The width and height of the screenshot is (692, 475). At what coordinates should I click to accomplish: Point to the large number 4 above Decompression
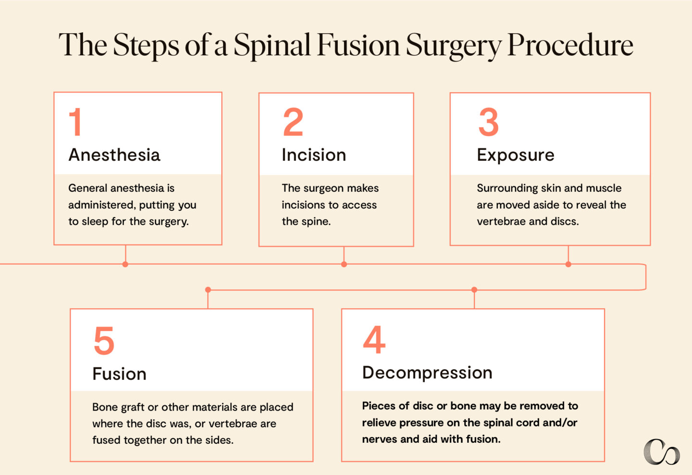pyautogui.click(x=374, y=340)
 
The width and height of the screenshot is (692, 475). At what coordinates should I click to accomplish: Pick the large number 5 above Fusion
pyautogui.click(x=104, y=341)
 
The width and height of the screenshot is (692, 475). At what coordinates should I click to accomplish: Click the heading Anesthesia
pyautogui.click(x=114, y=155)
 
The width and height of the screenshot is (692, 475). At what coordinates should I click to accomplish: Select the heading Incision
pyautogui.click(x=314, y=155)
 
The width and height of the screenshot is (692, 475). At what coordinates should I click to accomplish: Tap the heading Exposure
pyautogui.click(x=515, y=155)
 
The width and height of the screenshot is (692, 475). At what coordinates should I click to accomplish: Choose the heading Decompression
pyautogui.click(x=427, y=373)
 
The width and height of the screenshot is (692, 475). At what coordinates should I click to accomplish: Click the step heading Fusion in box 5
pyautogui.click(x=119, y=374)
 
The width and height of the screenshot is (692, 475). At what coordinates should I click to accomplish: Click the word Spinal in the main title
pyautogui.click(x=272, y=46)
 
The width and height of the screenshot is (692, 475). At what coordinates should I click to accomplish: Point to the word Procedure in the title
pyautogui.click(x=570, y=46)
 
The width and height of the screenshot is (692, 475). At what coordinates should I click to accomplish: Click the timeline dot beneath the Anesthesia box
pyautogui.click(x=125, y=264)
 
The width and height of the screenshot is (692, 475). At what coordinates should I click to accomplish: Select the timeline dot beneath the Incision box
pyautogui.click(x=344, y=264)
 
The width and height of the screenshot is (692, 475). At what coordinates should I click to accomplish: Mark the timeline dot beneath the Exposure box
pyautogui.click(x=568, y=264)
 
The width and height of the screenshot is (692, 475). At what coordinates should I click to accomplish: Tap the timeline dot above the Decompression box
pyautogui.click(x=474, y=290)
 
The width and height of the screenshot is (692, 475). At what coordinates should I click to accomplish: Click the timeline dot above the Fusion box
pyautogui.click(x=208, y=290)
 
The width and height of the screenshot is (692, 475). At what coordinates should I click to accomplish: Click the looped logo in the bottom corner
pyautogui.click(x=661, y=452)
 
